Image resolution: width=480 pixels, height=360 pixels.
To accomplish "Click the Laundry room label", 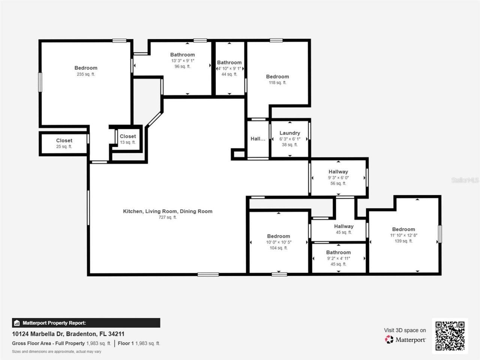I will tap(289, 133).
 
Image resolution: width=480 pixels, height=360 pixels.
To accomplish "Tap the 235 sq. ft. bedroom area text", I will tap(86, 74).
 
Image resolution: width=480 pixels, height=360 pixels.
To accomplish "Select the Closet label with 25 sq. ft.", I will tap(64, 141).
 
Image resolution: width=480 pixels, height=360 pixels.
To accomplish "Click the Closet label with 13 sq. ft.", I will tap(128, 136).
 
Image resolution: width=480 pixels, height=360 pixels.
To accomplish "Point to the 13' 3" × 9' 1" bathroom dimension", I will tap(183, 61).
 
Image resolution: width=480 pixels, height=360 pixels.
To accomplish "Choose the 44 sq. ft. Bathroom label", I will tap(229, 63).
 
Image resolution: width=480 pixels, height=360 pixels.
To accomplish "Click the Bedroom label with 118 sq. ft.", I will tap(277, 76).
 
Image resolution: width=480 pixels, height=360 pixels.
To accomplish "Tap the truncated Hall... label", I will tap(258, 139).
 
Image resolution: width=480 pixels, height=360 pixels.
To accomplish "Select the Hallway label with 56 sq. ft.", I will tap(338, 172).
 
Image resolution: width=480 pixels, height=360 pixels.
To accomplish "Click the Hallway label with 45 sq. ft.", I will tap(343, 226).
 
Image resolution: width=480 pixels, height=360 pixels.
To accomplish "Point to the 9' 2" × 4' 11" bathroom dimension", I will tap(338, 258).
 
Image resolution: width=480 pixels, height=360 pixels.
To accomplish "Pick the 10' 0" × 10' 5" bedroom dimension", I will tap(279, 242).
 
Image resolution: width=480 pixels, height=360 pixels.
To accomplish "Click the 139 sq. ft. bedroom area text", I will tap(403, 241).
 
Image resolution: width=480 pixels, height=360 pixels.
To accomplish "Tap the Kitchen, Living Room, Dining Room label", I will tap(168, 211).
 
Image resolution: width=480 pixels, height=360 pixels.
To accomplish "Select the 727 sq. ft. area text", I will tap(168, 217).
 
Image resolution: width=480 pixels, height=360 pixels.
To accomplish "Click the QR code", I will tap(450, 336).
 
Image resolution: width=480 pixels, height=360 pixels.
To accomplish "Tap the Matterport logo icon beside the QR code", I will tap(389, 340).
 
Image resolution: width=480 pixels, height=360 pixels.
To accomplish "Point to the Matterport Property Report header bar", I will tap(86, 323).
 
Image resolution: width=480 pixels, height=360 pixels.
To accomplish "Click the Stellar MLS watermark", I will tap(465, 180).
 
